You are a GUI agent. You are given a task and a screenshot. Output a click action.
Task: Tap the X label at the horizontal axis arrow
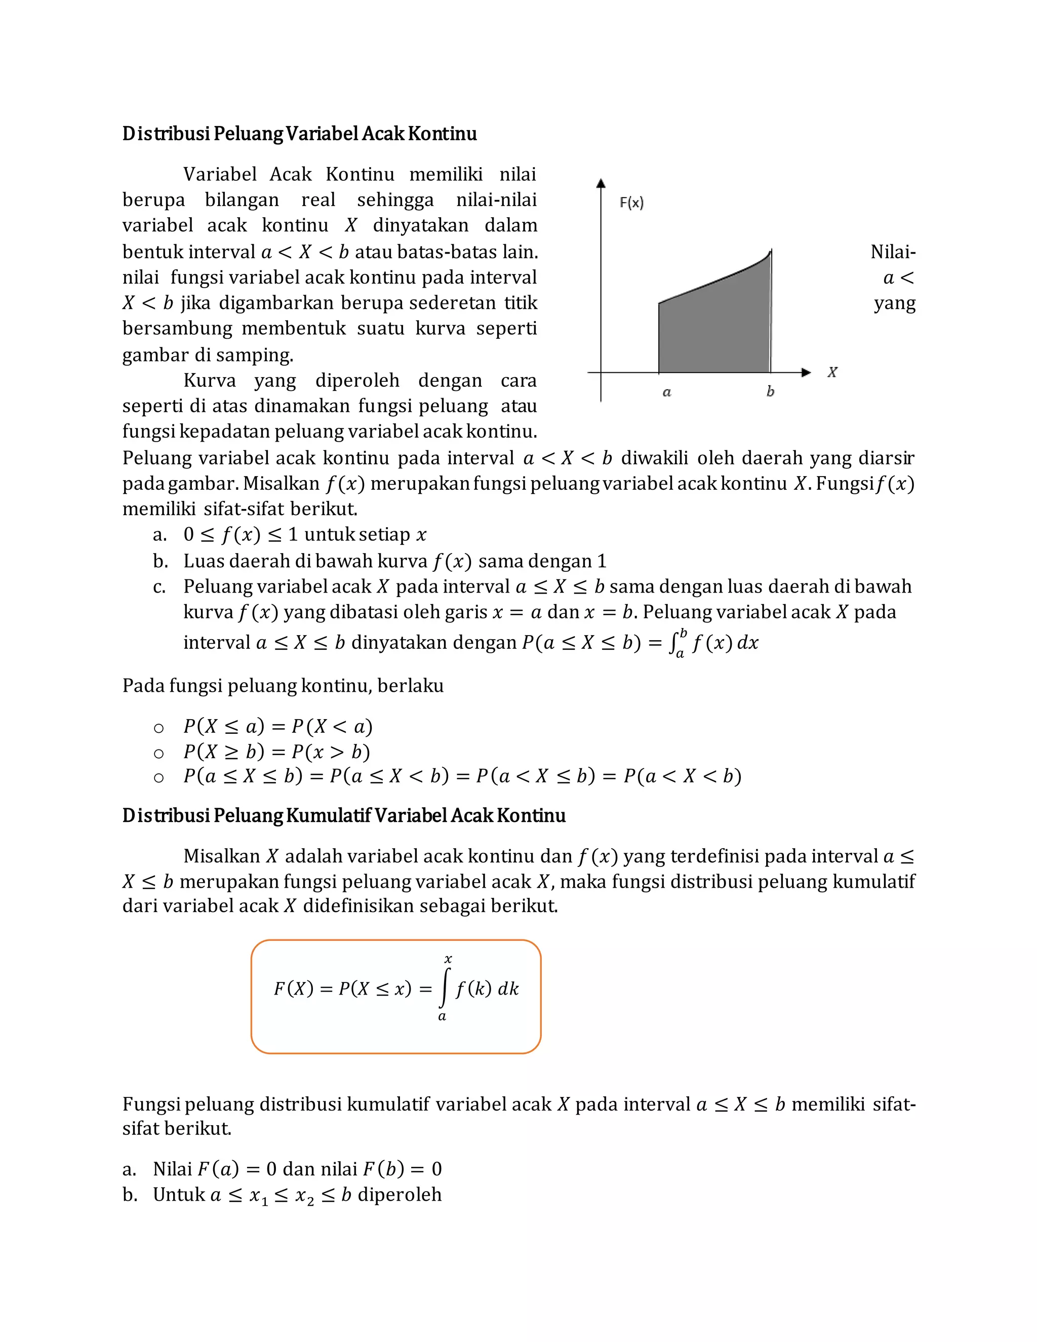pos(832,372)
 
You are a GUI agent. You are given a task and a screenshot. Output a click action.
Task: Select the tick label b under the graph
pos(770,391)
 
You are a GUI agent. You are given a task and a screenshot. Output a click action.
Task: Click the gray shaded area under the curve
pos(712,332)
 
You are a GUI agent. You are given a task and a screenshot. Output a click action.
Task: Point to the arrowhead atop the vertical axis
pos(601,183)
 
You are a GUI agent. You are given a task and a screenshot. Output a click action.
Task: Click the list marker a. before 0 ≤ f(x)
pos(159,535)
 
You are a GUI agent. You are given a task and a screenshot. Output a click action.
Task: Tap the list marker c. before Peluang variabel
pos(159,587)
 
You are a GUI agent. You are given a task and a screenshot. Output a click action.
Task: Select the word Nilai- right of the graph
pos(893,252)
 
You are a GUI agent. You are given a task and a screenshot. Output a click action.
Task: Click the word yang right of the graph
pos(895,303)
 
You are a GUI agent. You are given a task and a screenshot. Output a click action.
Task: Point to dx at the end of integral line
pos(748,643)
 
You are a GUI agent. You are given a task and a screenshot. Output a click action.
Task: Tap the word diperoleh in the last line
pos(400,1195)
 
